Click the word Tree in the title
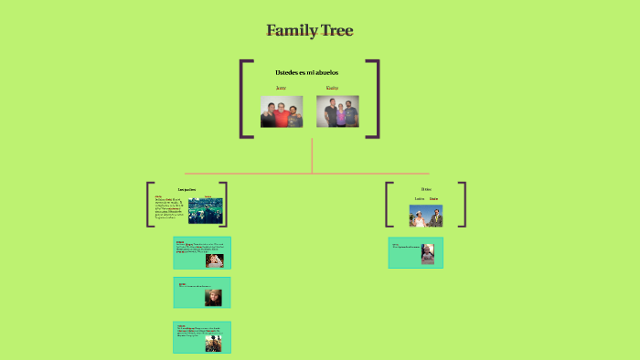tap(336, 31)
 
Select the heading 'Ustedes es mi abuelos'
tap(306, 72)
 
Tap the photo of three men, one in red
tap(282, 111)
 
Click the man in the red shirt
tap(282, 115)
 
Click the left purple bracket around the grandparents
tap(243, 99)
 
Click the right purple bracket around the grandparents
tap(376, 99)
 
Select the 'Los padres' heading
tap(186, 189)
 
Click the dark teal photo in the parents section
tap(206, 211)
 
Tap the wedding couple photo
tap(426, 216)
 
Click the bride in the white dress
tap(419, 217)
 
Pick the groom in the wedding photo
tap(436, 217)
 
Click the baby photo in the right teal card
tap(428, 253)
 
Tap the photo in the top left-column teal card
tap(214, 259)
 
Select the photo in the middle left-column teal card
tap(213, 297)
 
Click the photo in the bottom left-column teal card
tap(213, 343)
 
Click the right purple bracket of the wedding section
tap(464, 204)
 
